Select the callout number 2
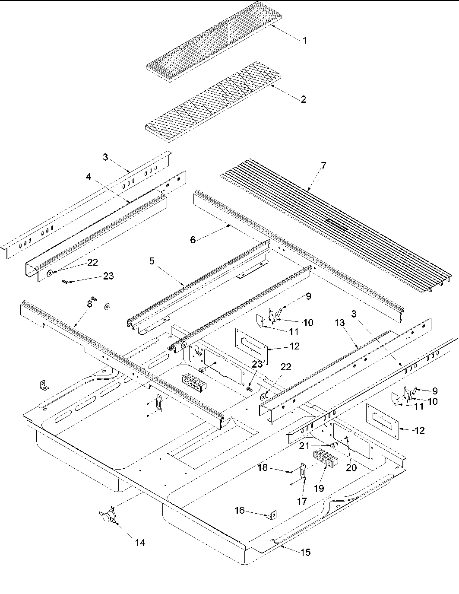303,99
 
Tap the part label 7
323,165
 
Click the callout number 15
305,553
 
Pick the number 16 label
239,511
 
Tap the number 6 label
193,240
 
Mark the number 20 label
351,467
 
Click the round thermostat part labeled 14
108,517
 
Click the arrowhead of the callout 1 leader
272,25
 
